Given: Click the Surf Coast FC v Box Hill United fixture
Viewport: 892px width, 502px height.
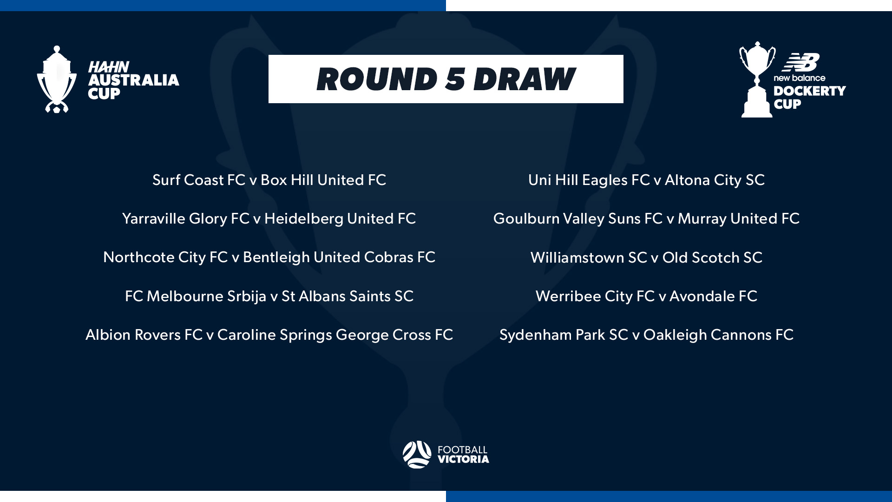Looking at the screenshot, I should (x=269, y=180).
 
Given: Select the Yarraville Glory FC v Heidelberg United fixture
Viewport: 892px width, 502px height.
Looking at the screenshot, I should (x=269, y=218).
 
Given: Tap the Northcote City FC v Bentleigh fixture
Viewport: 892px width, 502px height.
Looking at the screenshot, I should (x=269, y=257).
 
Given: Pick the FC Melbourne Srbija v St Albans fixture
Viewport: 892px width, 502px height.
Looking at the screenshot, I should (x=269, y=296).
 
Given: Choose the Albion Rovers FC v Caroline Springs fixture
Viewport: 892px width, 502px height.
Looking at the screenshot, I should (x=269, y=335).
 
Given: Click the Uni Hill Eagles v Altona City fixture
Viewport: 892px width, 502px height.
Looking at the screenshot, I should (x=646, y=180).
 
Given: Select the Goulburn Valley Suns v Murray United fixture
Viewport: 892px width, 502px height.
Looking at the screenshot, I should (x=646, y=218).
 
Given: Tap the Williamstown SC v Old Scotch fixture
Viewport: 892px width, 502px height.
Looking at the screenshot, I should (x=646, y=258).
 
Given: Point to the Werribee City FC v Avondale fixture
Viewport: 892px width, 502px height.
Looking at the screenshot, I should (x=646, y=296).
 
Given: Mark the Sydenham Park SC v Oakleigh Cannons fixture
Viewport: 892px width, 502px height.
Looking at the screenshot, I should (x=646, y=335).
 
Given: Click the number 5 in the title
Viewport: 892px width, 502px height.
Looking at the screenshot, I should (x=455, y=79).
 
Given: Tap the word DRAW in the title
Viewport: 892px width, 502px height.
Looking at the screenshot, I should (x=524, y=79).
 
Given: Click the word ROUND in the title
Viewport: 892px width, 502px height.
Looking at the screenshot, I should (x=377, y=79).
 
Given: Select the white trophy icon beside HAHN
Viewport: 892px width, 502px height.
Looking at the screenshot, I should (x=57, y=79).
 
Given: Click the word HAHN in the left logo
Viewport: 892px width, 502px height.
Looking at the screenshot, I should (x=108, y=67).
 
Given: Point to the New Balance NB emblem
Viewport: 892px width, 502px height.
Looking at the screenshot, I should (x=800, y=62).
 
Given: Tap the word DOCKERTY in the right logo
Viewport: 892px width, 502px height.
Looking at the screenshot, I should (x=809, y=91).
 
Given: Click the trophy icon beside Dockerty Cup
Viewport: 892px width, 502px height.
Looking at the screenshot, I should (x=757, y=80).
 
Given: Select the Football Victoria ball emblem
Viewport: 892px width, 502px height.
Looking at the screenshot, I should (x=417, y=454).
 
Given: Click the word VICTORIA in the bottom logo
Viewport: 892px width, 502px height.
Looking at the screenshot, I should (x=463, y=459).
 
